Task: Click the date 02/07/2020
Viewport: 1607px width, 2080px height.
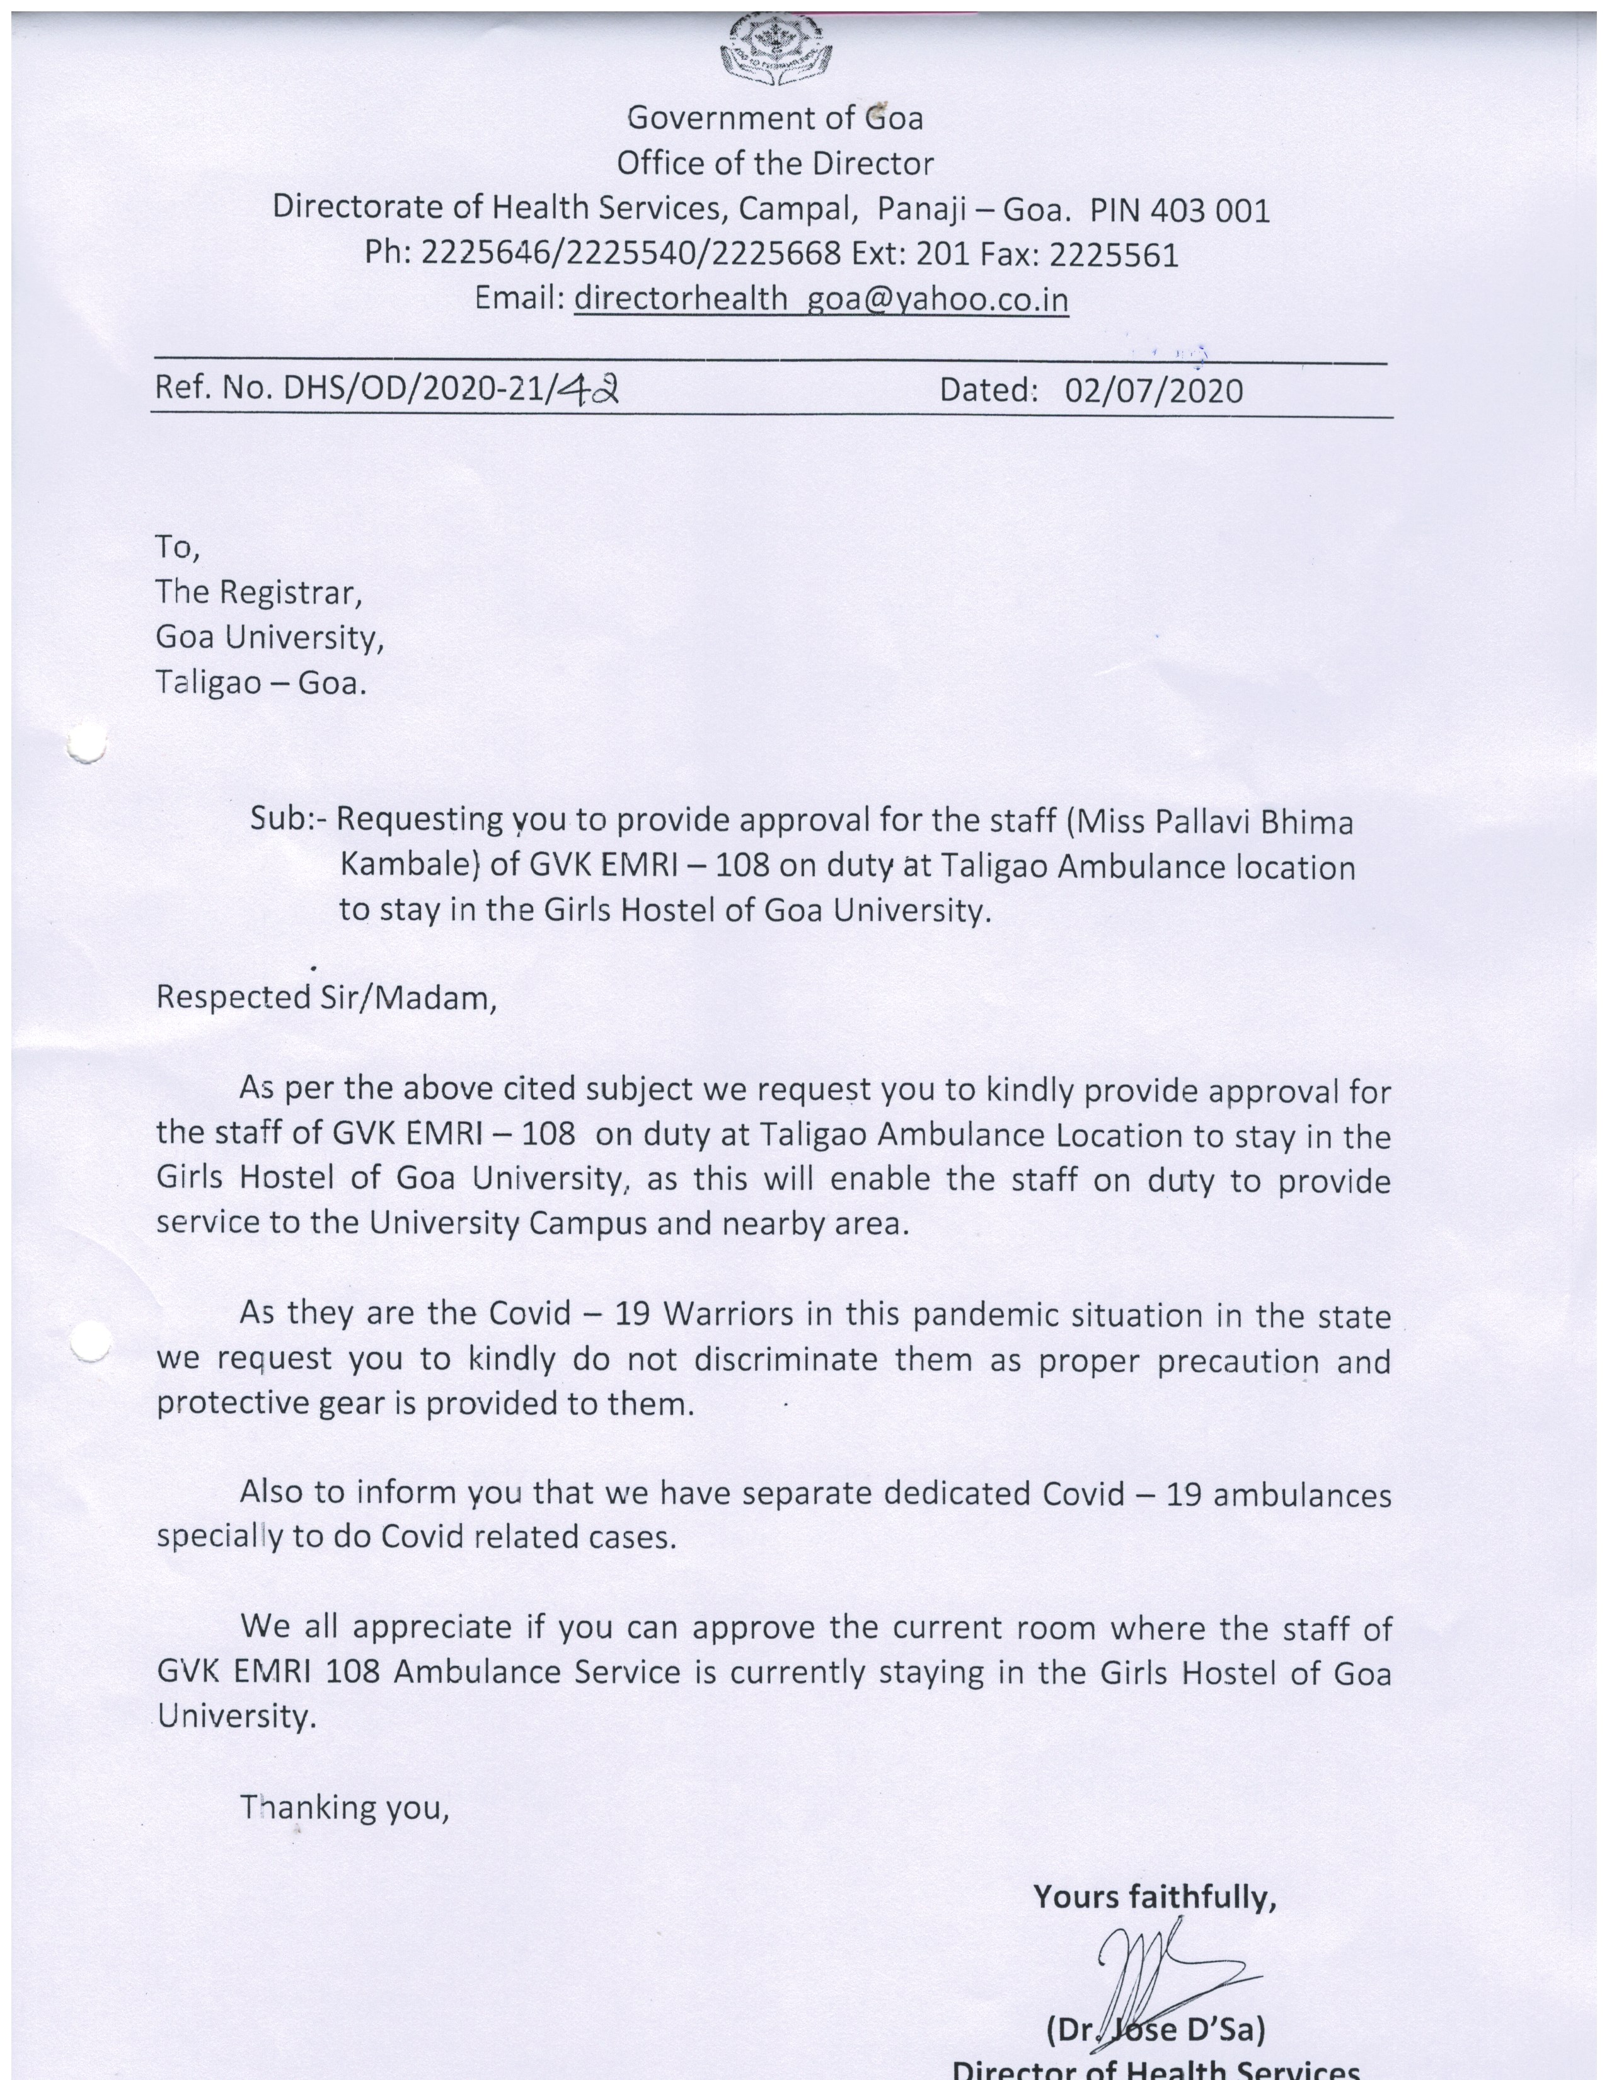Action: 1154,391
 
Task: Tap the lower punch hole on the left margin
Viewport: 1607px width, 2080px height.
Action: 88,1343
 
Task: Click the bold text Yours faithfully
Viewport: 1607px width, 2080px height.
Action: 1154,1897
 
